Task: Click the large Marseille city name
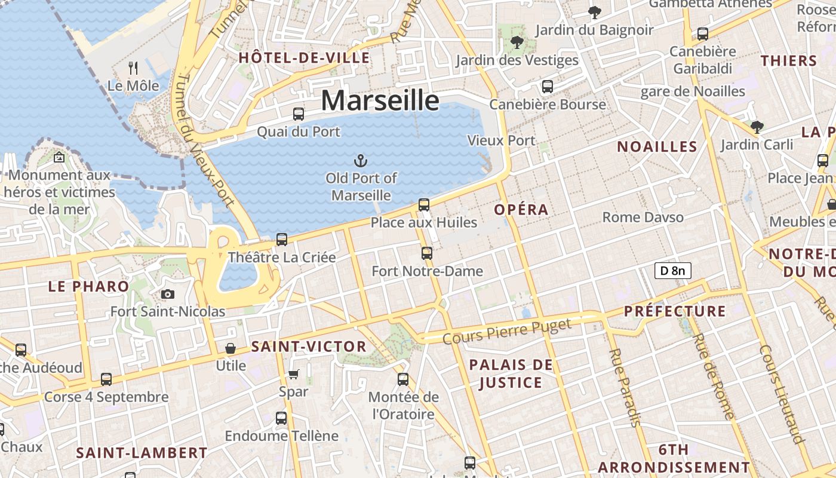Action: pyautogui.click(x=380, y=100)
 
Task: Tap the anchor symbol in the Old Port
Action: pyautogui.click(x=360, y=160)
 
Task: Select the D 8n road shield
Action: pyautogui.click(x=672, y=271)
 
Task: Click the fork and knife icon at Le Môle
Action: pyautogui.click(x=133, y=68)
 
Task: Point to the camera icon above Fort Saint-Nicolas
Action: pyautogui.click(x=168, y=294)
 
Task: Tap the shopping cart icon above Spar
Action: pyautogui.click(x=293, y=374)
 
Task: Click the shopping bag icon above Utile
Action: pyautogui.click(x=230, y=348)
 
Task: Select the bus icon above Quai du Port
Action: pyautogui.click(x=299, y=114)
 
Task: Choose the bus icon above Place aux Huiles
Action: pyautogui.click(x=424, y=205)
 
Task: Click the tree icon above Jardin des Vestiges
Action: pyautogui.click(x=517, y=42)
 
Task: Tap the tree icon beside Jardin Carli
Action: pyautogui.click(x=757, y=127)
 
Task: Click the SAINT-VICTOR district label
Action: pyautogui.click(x=309, y=347)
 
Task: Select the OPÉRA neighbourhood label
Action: pyautogui.click(x=521, y=210)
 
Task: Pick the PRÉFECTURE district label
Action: pyautogui.click(x=675, y=311)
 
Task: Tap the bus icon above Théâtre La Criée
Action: pyautogui.click(x=282, y=240)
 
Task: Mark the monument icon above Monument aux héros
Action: pyautogui.click(x=59, y=158)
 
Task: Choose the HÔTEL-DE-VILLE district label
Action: pyautogui.click(x=304, y=58)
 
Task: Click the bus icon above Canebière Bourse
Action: pyautogui.click(x=548, y=87)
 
